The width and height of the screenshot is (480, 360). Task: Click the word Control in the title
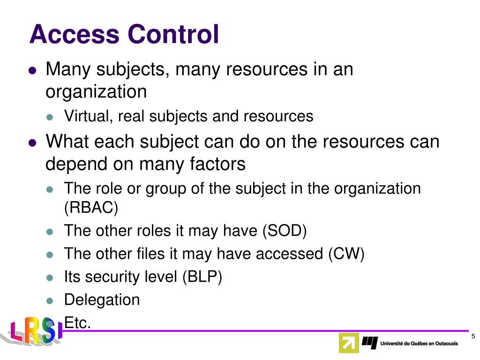pos(173,35)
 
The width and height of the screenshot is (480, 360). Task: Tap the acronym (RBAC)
pos(91,208)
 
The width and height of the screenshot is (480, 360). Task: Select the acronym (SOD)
pos(285,231)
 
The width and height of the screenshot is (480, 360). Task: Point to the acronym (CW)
pos(346,254)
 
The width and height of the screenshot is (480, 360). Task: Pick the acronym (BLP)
pos(202,277)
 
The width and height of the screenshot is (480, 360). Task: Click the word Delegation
pos(102,300)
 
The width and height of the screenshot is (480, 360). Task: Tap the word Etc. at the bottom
pos(77,322)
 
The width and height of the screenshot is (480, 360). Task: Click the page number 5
pos(473,337)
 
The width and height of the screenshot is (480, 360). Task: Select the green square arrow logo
pos(348,343)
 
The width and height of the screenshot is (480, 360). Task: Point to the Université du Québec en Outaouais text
pos(419,344)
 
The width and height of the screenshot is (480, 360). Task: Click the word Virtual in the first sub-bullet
pos(87,116)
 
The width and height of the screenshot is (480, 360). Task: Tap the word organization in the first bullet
pos(96,92)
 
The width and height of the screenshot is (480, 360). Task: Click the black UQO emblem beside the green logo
pos(369,343)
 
